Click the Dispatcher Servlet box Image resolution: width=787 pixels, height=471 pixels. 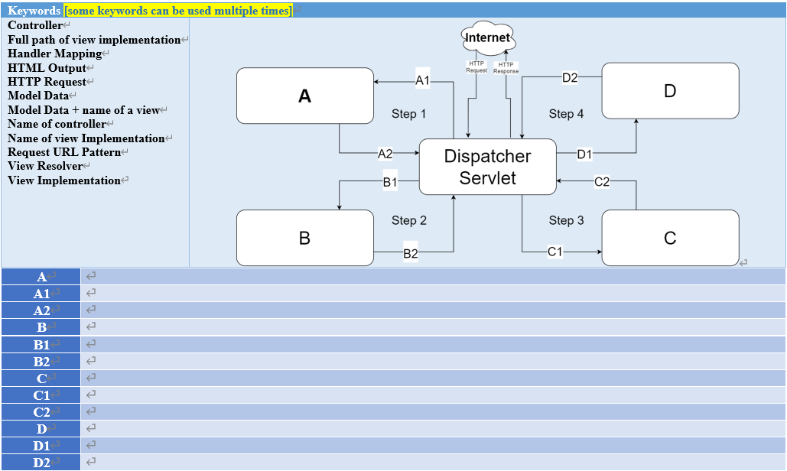488,167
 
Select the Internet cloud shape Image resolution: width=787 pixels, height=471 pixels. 488,37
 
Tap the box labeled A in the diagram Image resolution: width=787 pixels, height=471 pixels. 304,96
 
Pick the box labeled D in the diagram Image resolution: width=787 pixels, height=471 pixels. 670,91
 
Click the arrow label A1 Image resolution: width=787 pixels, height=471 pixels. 423,80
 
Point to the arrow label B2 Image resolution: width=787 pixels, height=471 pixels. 411,254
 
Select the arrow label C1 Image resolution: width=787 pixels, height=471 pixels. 555,251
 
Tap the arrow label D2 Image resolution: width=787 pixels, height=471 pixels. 570,77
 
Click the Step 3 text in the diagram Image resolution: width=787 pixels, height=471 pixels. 566,220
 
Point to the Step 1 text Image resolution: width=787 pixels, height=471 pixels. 409,114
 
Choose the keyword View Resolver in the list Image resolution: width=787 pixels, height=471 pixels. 45,166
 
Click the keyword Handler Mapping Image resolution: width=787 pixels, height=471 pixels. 54,54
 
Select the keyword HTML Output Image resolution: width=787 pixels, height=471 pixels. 47,68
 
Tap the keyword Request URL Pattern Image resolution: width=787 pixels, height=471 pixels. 64,152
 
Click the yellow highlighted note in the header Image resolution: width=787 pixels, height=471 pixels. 178,11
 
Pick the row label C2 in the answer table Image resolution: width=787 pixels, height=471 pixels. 41,412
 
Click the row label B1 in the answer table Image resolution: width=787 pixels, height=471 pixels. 41,345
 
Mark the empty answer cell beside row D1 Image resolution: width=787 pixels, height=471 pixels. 433,446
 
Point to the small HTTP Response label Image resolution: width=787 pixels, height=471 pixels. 506,68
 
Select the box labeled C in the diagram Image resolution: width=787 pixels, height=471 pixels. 670,239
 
